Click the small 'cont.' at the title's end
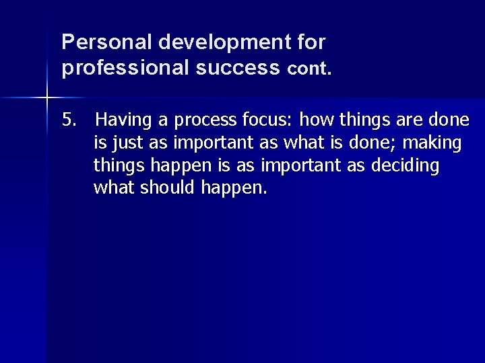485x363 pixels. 310,69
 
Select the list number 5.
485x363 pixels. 69,120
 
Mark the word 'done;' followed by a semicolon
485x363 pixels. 375,143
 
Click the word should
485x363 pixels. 168,188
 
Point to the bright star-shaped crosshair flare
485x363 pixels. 47,98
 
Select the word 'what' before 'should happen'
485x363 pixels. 115,188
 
